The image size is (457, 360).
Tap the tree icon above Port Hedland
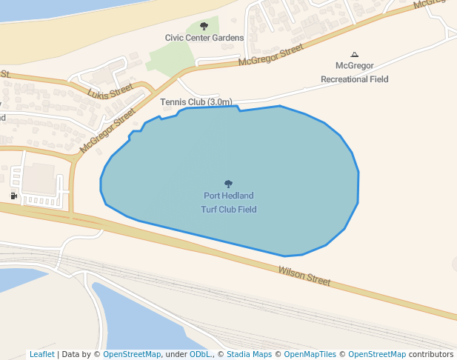point(228,184)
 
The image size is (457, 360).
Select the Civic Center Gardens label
point(204,38)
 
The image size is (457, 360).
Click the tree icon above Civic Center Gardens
point(204,26)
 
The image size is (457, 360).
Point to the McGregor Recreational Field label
point(354,73)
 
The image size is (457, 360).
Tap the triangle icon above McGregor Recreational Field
point(354,54)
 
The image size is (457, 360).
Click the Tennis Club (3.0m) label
point(196,101)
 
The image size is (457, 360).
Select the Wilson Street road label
point(304,276)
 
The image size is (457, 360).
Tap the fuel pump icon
point(14,196)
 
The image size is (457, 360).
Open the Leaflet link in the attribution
point(41,354)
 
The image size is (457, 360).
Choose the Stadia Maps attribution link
point(249,354)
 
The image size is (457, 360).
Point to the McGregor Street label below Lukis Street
point(108,131)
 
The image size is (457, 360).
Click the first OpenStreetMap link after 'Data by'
point(132,354)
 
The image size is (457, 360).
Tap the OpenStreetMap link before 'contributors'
point(376,354)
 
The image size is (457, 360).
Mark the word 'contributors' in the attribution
point(430,354)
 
